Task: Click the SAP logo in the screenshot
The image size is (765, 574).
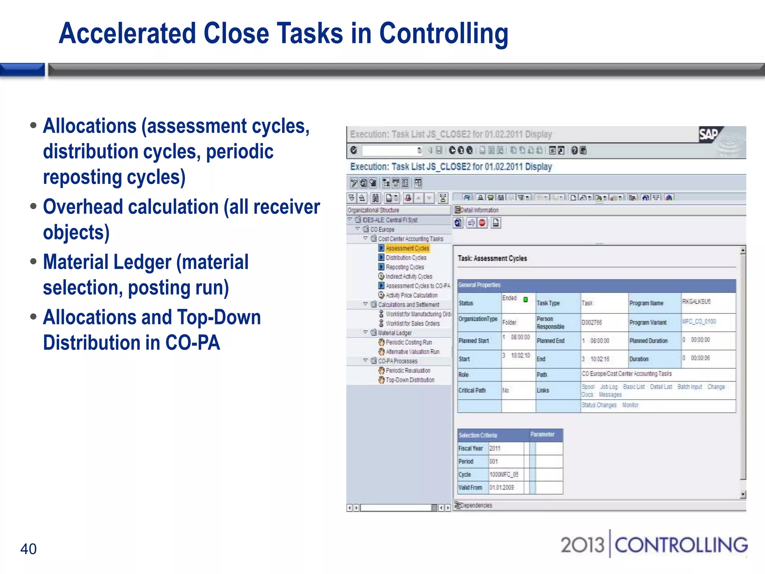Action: pyautogui.click(x=709, y=135)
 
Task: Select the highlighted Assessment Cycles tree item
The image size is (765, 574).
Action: pyautogui.click(x=407, y=248)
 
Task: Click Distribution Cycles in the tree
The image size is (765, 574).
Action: pyautogui.click(x=406, y=257)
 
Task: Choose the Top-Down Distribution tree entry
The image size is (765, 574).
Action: pyautogui.click(x=410, y=380)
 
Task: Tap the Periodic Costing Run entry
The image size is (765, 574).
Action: pyautogui.click(x=409, y=342)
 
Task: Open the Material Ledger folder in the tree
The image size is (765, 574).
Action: pyautogui.click(x=394, y=333)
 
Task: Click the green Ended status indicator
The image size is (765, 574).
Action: pyautogui.click(x=526, y=299)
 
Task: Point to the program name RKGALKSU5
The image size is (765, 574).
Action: pyautogui.click(x=696, y=301)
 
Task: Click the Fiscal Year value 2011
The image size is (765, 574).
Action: pyautogui.click(x=495, y=448)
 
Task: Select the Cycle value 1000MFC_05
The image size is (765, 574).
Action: pyautogui.click(x=504, y=474)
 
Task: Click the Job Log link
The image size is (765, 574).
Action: pyautogui.click(x=609, y=387)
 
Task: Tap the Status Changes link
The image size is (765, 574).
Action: pyautogui.click(x=599, y=405)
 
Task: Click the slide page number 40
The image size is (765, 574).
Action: pyautogui.click(x=28, y=549)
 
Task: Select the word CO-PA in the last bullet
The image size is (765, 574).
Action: pyautogui.click(x=193, y=343)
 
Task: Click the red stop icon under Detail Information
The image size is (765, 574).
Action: pyautogui.click(x=482, y=223)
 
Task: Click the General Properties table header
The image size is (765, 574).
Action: pyautogui.click(x=479, y=285)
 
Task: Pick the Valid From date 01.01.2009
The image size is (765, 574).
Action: pyautogui.click(x=502, y=487)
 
